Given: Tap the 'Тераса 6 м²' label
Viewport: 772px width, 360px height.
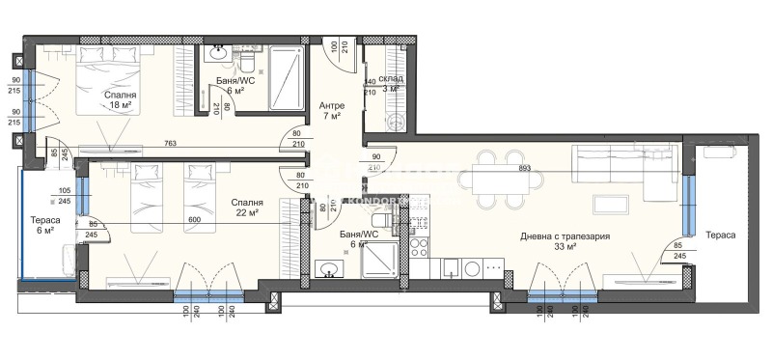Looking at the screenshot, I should (x=46, y=227).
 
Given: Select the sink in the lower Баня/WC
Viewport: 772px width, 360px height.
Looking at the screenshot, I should (x=332, y=267).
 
